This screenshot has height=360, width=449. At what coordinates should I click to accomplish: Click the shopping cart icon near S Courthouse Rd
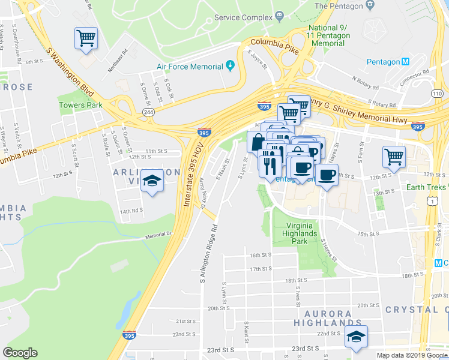86,38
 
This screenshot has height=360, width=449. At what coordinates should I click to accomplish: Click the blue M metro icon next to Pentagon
406,62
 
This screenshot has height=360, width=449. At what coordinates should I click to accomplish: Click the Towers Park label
80,105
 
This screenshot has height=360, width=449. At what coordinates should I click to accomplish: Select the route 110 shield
438,94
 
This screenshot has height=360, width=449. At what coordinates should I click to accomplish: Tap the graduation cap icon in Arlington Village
152,182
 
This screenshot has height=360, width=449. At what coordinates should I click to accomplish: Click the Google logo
20,353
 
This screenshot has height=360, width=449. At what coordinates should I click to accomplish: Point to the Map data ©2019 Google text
412,355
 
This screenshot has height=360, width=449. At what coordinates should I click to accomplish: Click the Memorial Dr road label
158,236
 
